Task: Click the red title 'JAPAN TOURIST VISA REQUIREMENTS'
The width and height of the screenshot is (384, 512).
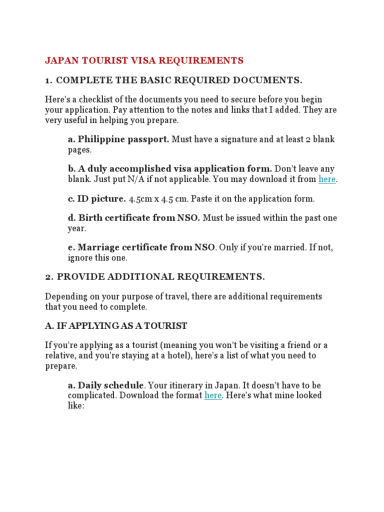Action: tap(144, 61)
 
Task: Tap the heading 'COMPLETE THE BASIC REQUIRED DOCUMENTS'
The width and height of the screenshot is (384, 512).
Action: tap(178, 80)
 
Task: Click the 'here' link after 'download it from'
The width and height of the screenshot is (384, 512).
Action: tap(327, 179)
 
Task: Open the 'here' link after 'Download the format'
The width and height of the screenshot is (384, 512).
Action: tap(213, 395)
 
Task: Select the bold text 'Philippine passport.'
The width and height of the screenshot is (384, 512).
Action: tap(119, 139)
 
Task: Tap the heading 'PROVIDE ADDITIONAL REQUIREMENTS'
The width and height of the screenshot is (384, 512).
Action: tap(160, 277)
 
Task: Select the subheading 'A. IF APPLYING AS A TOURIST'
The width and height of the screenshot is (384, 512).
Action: tap(116, 326)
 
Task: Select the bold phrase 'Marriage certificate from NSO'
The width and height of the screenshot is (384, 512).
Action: tap(141, 247)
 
